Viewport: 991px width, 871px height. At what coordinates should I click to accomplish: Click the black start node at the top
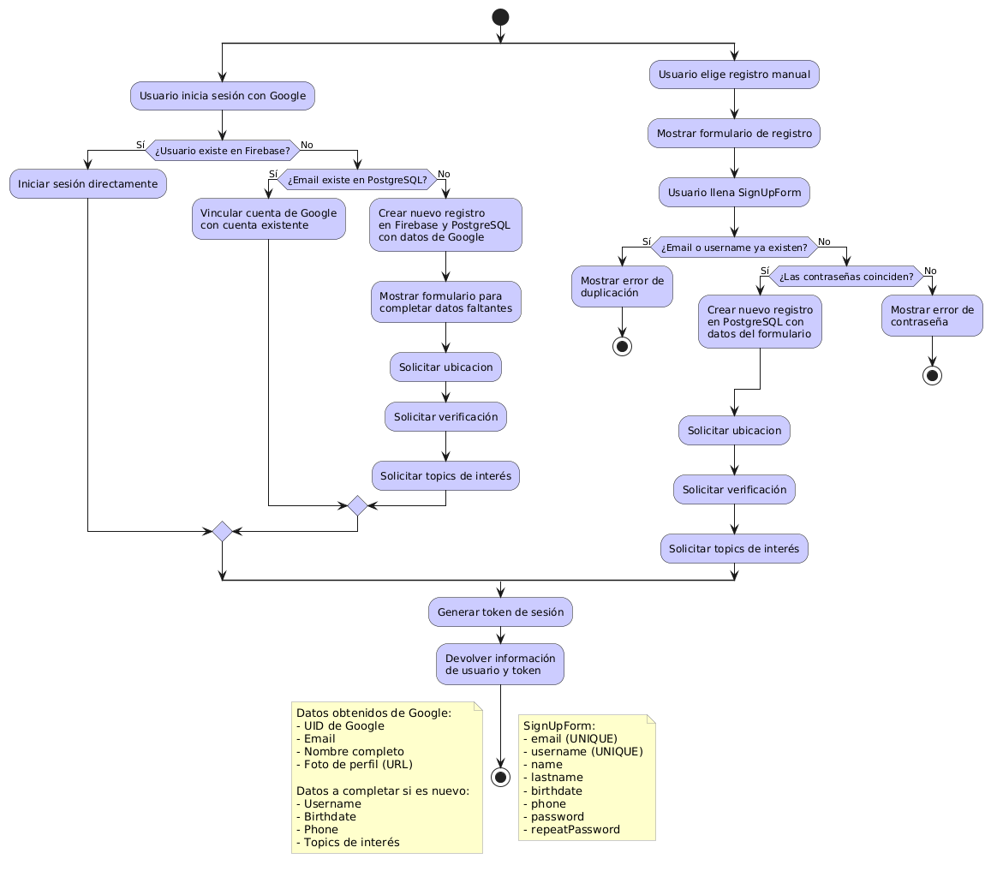tap(500, 16)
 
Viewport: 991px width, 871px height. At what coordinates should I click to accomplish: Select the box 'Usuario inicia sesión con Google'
tap(222, 95)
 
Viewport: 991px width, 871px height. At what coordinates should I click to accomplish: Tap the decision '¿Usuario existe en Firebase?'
tap(222, 151)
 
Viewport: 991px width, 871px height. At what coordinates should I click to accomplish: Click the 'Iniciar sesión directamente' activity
tap(88, 184)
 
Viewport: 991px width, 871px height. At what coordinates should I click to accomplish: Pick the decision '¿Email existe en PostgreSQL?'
tap(357, 179)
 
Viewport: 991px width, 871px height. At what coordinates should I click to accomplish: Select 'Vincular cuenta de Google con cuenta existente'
tap(269, 218)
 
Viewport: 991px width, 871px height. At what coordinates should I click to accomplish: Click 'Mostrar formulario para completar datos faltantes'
tap(445, 301)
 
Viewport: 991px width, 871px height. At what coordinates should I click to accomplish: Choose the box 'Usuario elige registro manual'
tap(734, 75)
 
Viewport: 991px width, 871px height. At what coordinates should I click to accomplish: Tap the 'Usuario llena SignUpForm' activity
tap(734, 193)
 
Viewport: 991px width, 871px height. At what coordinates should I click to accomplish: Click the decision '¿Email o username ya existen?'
tap(734, 248)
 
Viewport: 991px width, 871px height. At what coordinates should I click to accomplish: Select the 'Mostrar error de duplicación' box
tap(622, 286)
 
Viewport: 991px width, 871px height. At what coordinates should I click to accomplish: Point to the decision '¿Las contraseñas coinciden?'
tap(846, 277)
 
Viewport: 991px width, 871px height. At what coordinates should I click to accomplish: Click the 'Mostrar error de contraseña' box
tap(932, 316)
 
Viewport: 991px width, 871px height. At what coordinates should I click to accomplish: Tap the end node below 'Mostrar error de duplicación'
tap(623, 347)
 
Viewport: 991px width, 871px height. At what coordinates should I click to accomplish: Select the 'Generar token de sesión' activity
tap(500, 611)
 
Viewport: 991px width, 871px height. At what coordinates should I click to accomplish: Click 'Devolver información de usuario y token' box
tap(500, 664)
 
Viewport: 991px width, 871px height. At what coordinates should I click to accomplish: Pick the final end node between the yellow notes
tap(500, 777)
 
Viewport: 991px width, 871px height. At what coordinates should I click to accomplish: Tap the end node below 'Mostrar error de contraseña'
tap(932, 375)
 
